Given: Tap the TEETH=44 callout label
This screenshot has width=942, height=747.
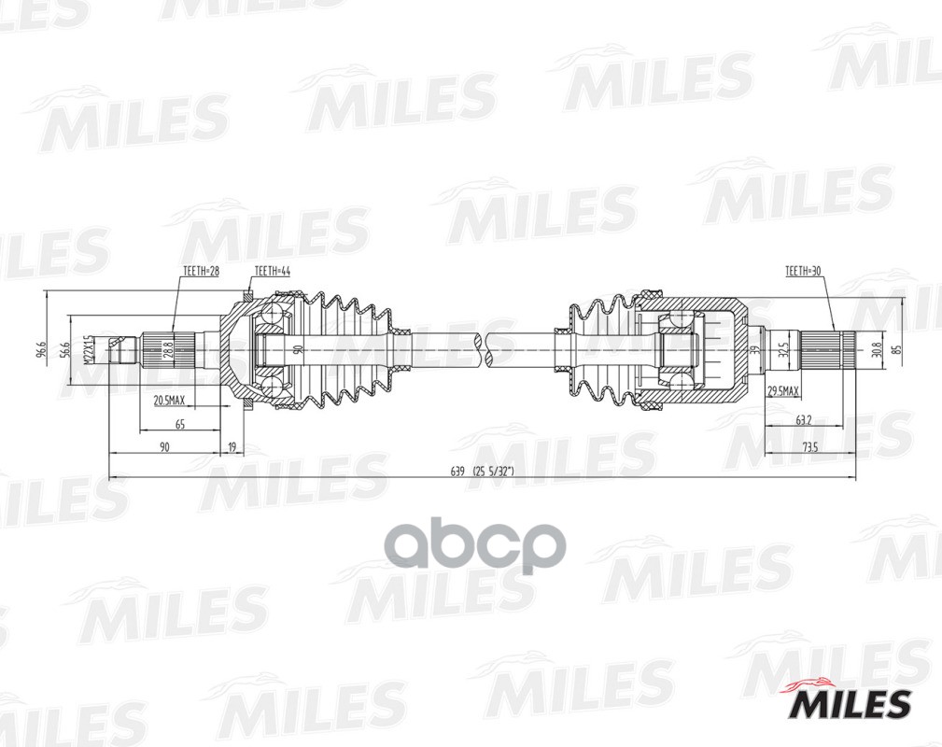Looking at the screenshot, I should (x=271, y=271).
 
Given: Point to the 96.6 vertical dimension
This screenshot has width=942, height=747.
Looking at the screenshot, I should (x=41, y=350).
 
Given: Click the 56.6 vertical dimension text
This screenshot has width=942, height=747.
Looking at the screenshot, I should (x=64, y=350).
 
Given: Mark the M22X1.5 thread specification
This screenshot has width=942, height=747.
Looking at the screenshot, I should (x=86, y=350).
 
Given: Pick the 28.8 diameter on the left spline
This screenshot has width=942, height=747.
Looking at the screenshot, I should (x=168, y=350).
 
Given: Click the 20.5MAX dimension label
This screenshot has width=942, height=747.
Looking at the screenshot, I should (x=169, y=401).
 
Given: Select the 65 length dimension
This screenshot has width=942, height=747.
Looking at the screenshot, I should (x=180, y=424).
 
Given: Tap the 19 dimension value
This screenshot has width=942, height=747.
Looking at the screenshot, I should (x=232, y=448).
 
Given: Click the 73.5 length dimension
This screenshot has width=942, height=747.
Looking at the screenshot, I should (x=808, y=448).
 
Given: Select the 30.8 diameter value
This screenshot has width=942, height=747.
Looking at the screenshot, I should (x=875, y=350).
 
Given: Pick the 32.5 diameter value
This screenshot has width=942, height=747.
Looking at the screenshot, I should (x=784, y=350).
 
